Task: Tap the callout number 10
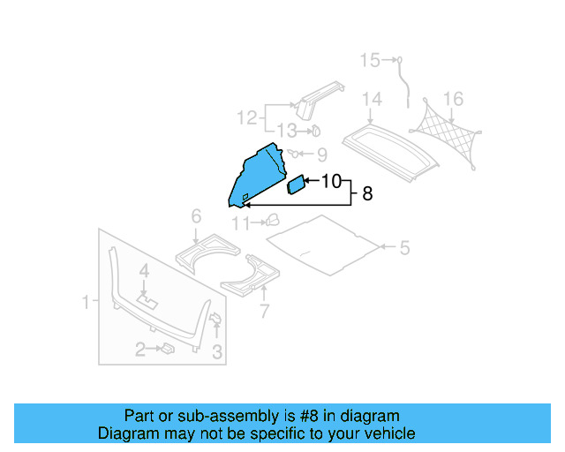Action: (x=330, y=182)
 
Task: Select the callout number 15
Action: (x=369, y=60)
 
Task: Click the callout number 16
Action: (x=453, y=98)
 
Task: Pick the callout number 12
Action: (x=246, y=117)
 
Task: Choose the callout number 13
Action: (x=288, y=132)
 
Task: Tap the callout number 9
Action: (x=321, y=154)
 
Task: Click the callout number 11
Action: (x=241, y=222)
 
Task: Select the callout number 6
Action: (x=196, y=216)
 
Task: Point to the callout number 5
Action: (x=404, y=248)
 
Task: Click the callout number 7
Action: (x=262, y=311)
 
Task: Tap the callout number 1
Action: (x=87, y=303)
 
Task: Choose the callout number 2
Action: (x=139, y=351)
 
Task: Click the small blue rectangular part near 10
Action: (x=297, y=185)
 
